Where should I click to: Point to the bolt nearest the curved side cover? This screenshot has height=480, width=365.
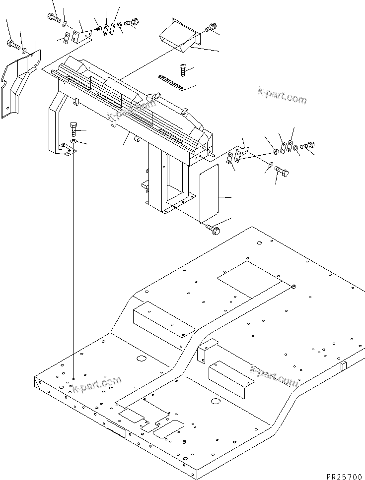pyautogui.click(x=11, y=44)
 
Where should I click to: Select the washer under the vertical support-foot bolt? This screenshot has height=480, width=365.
pyautogui.click(x=73, y=142)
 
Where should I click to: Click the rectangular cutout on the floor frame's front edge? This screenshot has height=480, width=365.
pyautogui.click(x=116, y=427)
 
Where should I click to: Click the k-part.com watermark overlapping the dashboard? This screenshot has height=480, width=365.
pyautogui.click(x=128, y=111)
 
